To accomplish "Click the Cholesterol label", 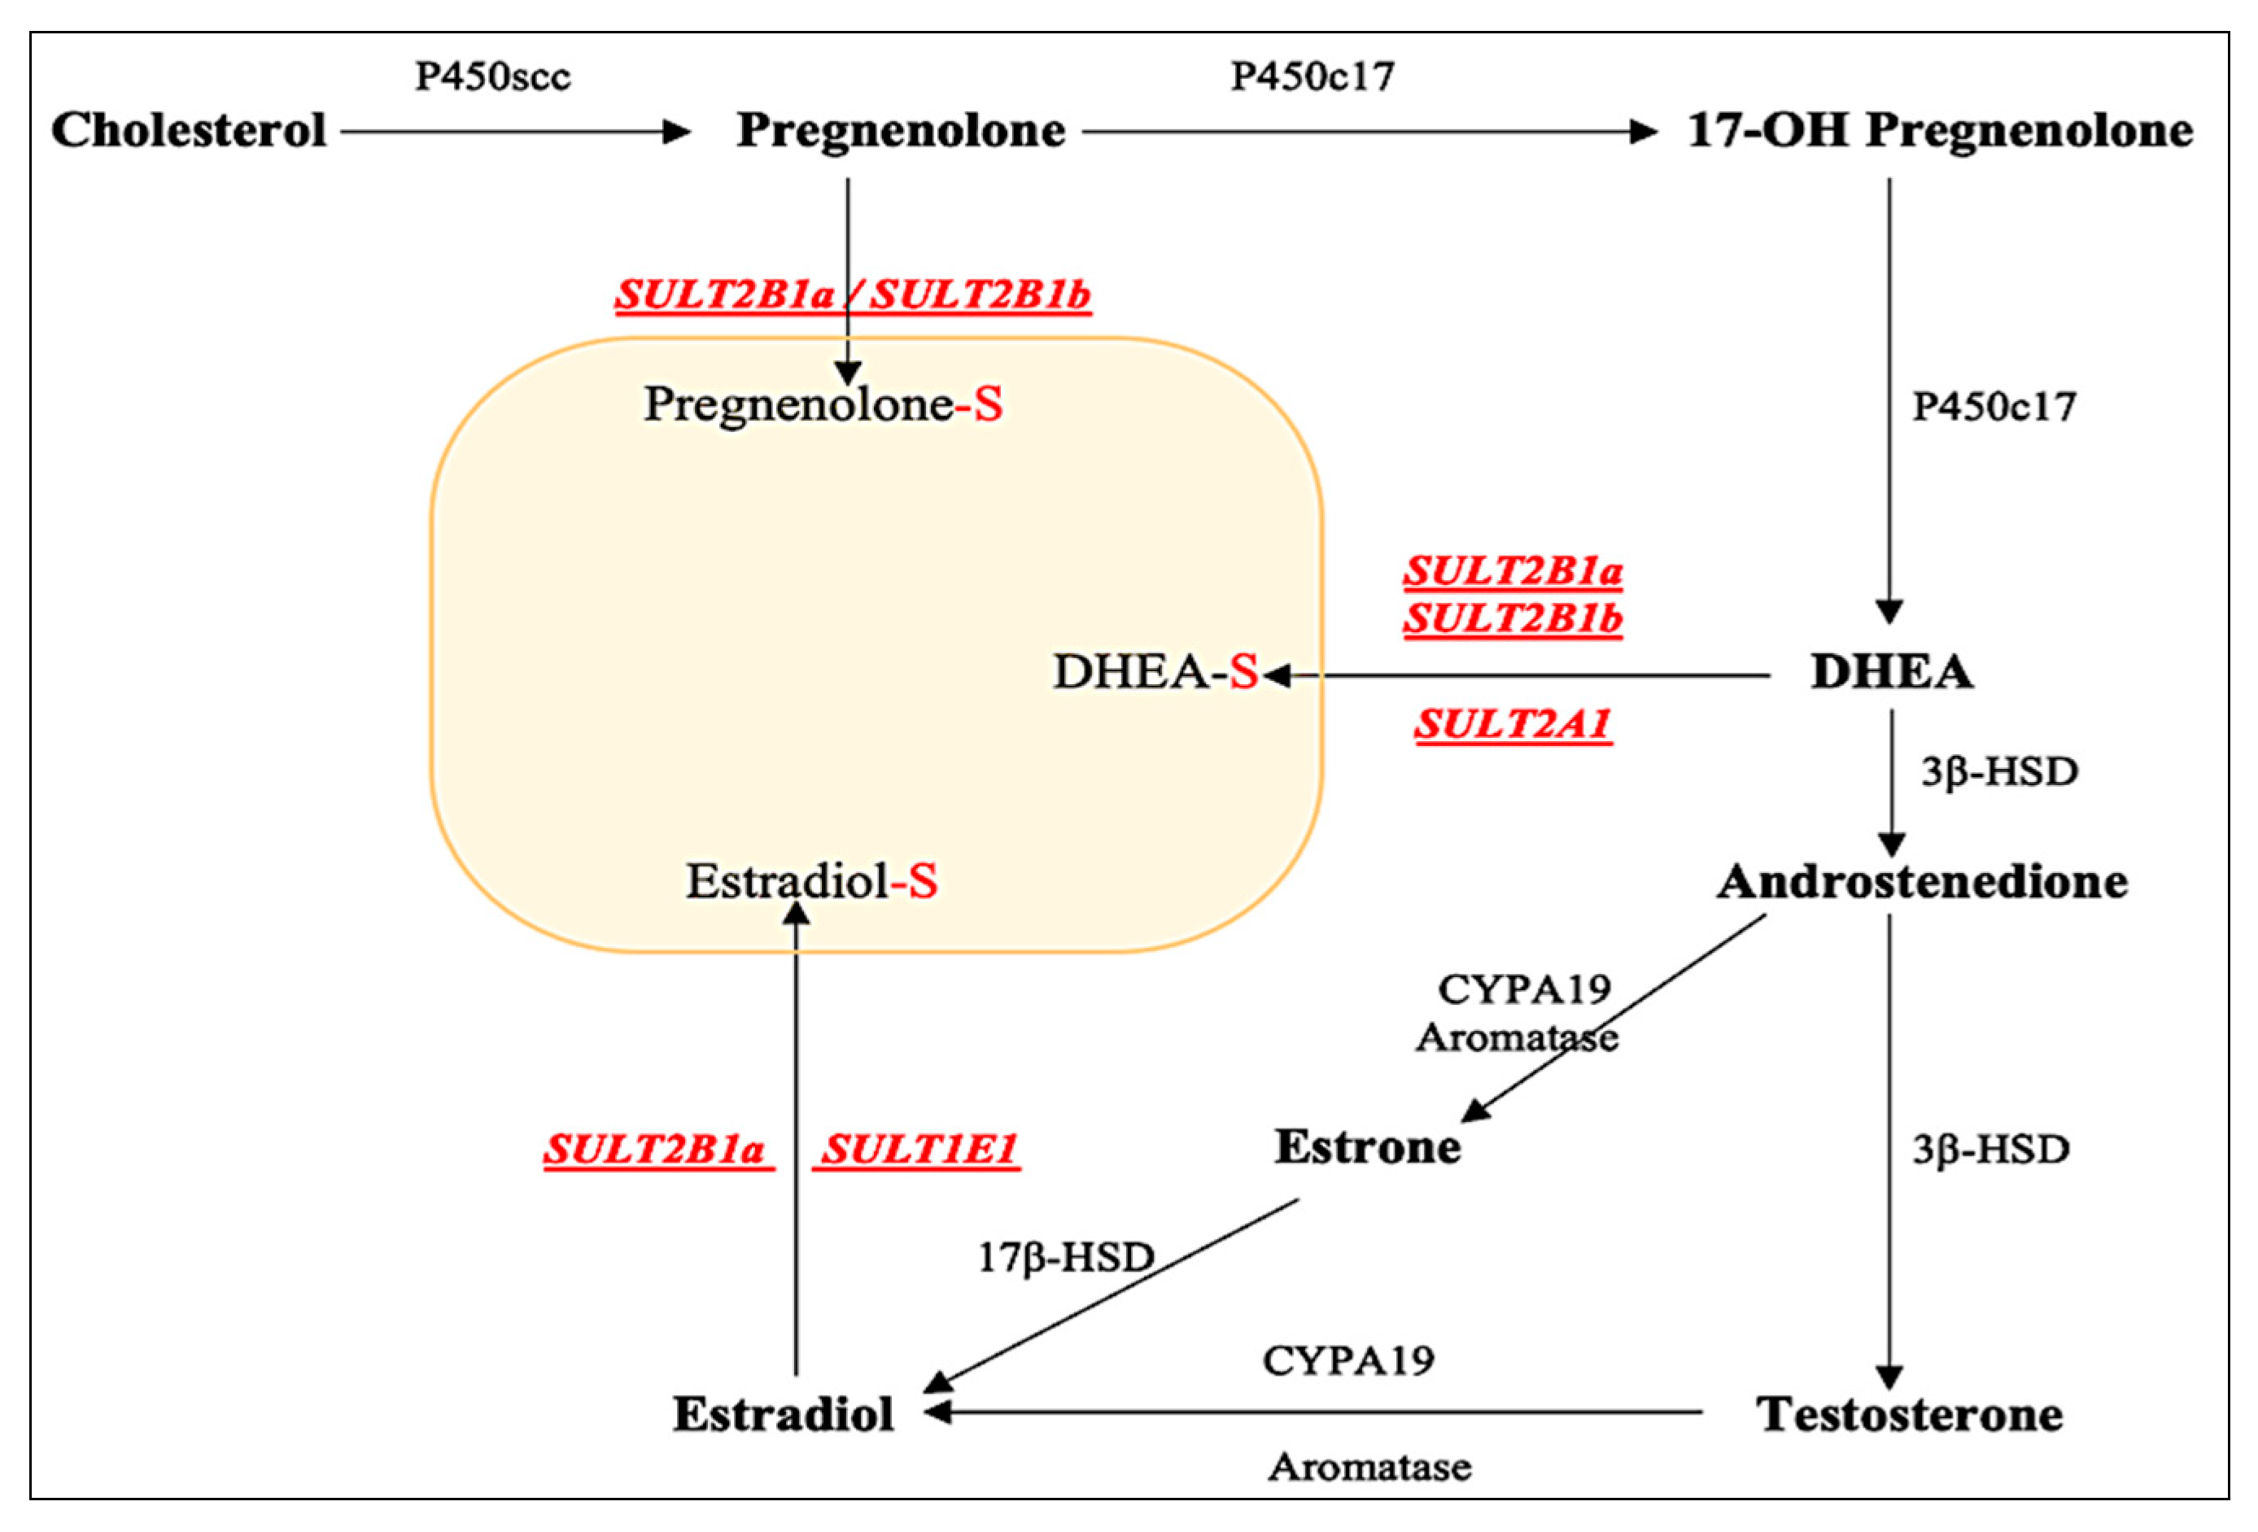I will click(189, 131).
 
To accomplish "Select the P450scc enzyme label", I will click(492, 76).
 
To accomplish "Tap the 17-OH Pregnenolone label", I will click(1939, 131).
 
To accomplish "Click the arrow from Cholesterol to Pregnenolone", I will click(515, 132).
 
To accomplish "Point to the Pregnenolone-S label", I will click(823, 404).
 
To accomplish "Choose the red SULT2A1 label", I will click(1513, 725).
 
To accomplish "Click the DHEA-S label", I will click(1155, 672).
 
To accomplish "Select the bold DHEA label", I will click(1891, 672).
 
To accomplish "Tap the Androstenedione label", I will click(1922, 882).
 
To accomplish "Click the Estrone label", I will click(1367, 1147).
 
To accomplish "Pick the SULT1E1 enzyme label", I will click(917, 1150).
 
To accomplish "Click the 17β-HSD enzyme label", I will click(1065, 1258).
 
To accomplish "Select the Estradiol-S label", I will click(811, 882).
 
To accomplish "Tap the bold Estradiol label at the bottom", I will click(783, 1415).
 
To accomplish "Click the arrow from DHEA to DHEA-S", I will click(1516, 675).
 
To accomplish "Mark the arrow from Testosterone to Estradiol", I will click(1312, 1412).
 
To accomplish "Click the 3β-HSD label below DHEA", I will click(1998, 772).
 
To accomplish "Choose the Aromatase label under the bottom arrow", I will click(1369, 1467).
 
